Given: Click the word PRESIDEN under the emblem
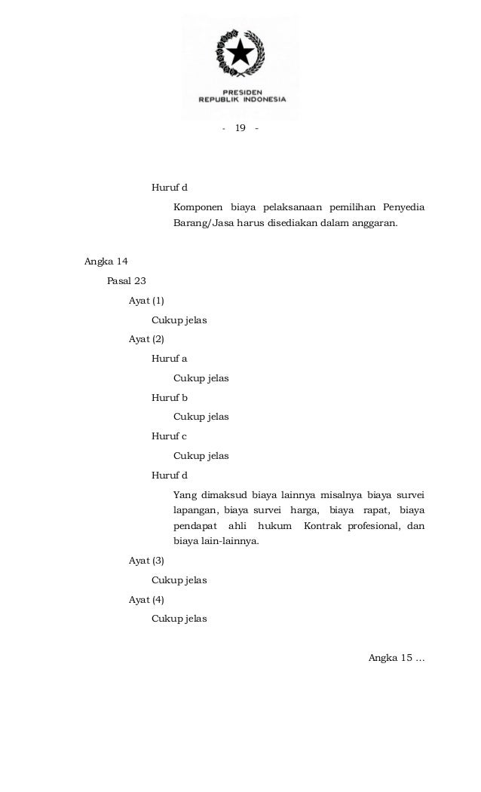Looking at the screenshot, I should pyautogui.click(x=242, y=89).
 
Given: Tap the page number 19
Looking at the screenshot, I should pyautogui.click(x=240, y=128).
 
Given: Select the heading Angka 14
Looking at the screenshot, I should pyautogui.click(x=106, y=261).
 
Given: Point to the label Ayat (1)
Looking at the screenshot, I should pyautogui.click(x=146, y=301).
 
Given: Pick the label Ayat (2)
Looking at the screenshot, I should pyautogui.click(x=146, y=339).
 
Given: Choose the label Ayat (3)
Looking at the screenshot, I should pyautogui.click(x=146, y=561).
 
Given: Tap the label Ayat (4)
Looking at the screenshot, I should pyautogui.click(x=146, y=600).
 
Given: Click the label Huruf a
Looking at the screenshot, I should pyautogui.click(x=170, y=359).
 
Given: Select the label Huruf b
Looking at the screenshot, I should pyautogui.click(x=170, y=397).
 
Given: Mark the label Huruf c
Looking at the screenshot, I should pyautogui.click(x=169, y=436).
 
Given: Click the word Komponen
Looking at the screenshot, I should pyautogui.click(x=198, y=206).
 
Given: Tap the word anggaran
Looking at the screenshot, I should pyautogui.click(x=372, y=225).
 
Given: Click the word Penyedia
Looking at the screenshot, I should pyautogui.click(x=403, y=206).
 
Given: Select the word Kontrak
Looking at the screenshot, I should pyautogui.click(x=322, y=524).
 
